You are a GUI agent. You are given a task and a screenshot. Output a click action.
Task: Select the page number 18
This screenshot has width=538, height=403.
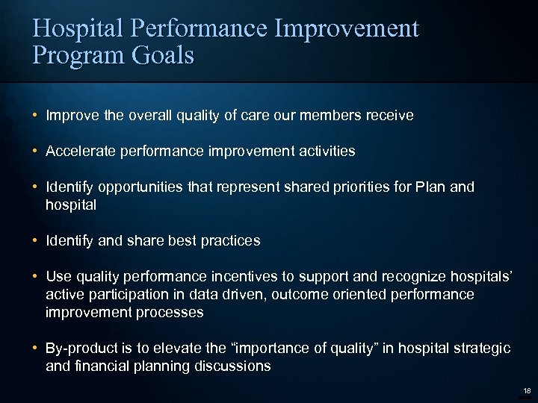tap(527, 391)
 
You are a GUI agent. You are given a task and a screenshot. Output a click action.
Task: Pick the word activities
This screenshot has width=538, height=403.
tap(326, 151)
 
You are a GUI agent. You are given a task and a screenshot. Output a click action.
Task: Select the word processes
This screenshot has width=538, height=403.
tap(171, 312)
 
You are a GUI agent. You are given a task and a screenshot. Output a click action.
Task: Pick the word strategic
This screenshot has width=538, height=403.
tap(482, 349)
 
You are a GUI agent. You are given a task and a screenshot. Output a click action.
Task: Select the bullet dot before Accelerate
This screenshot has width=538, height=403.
tap(35, 151)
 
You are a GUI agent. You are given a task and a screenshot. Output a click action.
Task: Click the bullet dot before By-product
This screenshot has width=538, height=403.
tap(35, 349)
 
